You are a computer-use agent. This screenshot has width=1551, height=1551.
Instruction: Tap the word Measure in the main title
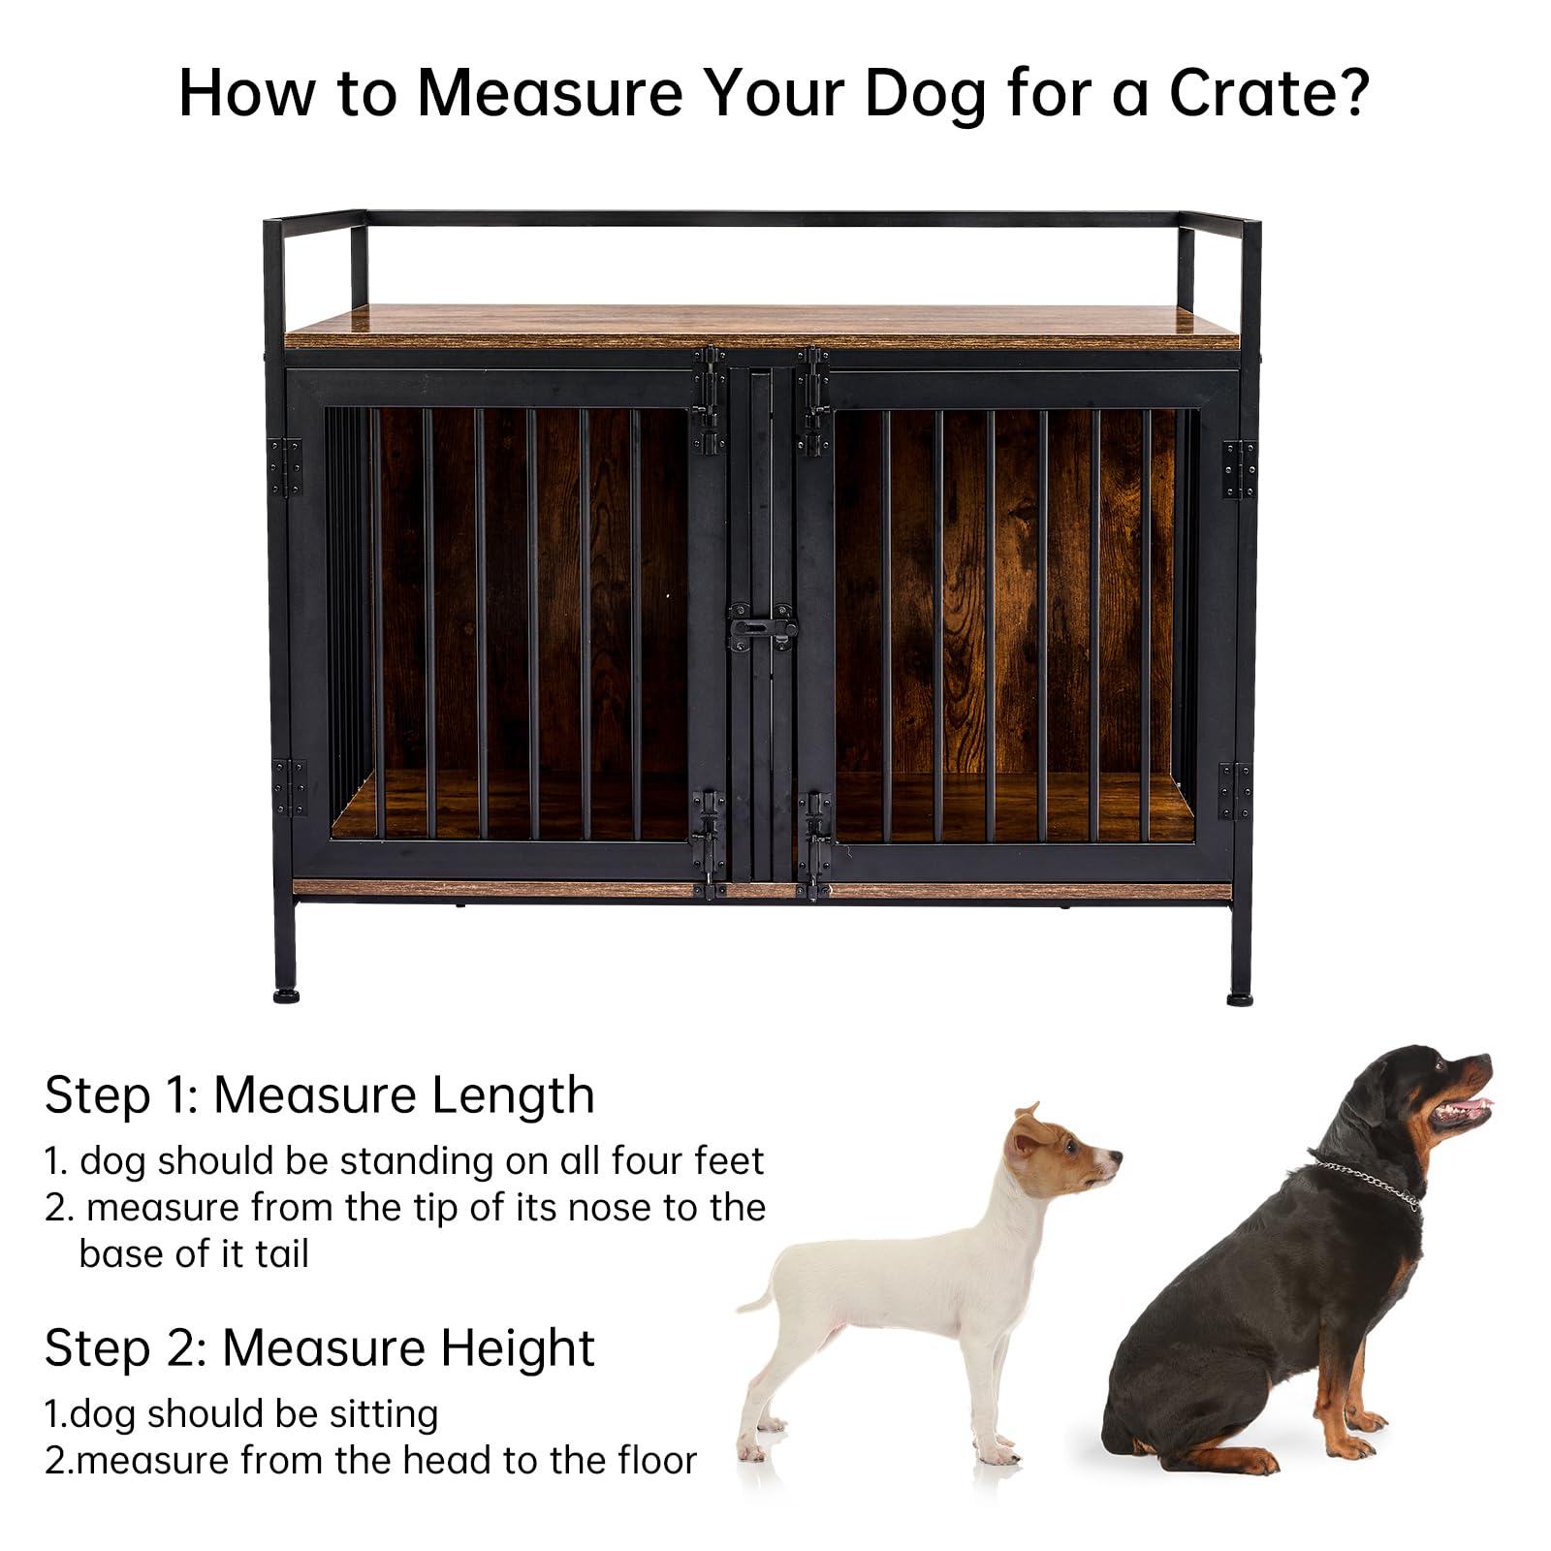tap(548, 93)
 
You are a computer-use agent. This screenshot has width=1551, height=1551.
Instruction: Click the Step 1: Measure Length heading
tap(319, 1095)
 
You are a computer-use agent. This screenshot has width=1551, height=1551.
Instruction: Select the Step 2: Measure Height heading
tap(319, 1348)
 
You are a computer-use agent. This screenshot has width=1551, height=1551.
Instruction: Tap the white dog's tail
tap(761, 1294)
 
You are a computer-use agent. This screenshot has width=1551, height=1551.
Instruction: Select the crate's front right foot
tap(1240, 997)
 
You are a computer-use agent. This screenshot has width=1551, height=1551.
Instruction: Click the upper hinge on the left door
tap(285, 467)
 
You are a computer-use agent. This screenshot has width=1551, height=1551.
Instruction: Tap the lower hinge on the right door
tap(1235, 790)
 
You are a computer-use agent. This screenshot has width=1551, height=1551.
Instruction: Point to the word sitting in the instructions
tap(383, 1416)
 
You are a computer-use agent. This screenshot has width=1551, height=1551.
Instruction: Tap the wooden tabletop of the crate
tap(762, 327)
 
